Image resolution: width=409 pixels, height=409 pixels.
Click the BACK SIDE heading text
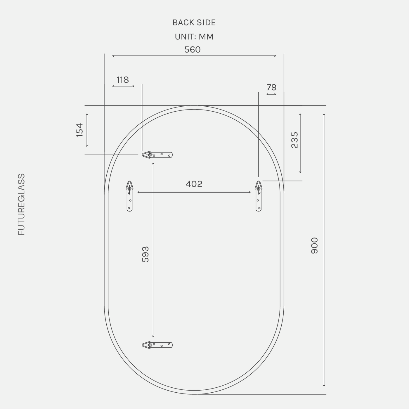point(194,23)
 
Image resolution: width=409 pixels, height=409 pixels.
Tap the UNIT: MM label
point(194,37)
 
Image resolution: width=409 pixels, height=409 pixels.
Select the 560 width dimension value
point(193,50)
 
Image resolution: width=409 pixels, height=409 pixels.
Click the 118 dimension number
point(123,80)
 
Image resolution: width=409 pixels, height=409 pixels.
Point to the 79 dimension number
point(271,87)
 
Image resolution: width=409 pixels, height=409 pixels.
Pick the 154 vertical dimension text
point(79,130)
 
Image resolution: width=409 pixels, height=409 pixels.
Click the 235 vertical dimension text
point(294,140)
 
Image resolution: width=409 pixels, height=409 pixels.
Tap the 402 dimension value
point(194,184)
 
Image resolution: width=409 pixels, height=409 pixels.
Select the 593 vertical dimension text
point(145,254)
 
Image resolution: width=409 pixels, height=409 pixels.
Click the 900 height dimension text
point(314,245)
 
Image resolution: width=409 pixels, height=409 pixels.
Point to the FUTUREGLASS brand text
point(22,204)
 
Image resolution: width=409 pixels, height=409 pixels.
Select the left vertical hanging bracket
point(129,196)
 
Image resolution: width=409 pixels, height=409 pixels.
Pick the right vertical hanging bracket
point(259,196)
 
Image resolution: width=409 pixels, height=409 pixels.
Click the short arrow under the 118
point(123,86)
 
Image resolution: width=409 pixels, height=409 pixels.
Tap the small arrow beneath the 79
point(271,94)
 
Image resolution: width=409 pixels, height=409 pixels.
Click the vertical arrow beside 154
point(87,130)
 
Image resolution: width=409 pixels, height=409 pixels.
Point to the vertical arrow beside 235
point(300,143)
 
